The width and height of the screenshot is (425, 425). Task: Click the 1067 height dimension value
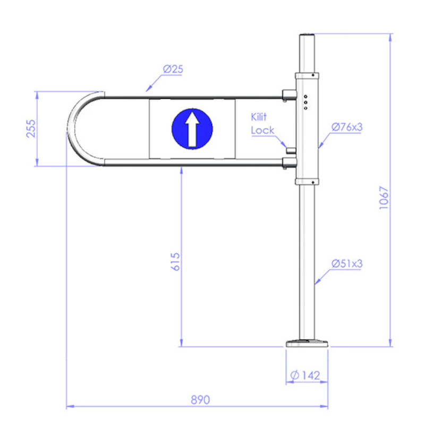(x=384, y=198)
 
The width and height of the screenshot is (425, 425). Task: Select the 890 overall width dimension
(x=200, y=400)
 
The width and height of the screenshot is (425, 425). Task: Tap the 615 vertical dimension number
(x=175, y=261)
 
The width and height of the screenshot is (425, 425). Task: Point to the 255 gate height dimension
(x=31, y=129)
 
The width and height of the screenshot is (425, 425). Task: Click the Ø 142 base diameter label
(x=305, y=376)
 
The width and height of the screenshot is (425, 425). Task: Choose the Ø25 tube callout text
(x=173, y=69)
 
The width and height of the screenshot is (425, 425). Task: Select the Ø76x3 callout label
(x=347, y=127)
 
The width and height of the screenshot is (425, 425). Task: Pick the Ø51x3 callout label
(x=347, y=263)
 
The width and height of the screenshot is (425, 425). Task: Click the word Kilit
(x=259, y=117)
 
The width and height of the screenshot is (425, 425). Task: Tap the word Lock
(x=262, y=130)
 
